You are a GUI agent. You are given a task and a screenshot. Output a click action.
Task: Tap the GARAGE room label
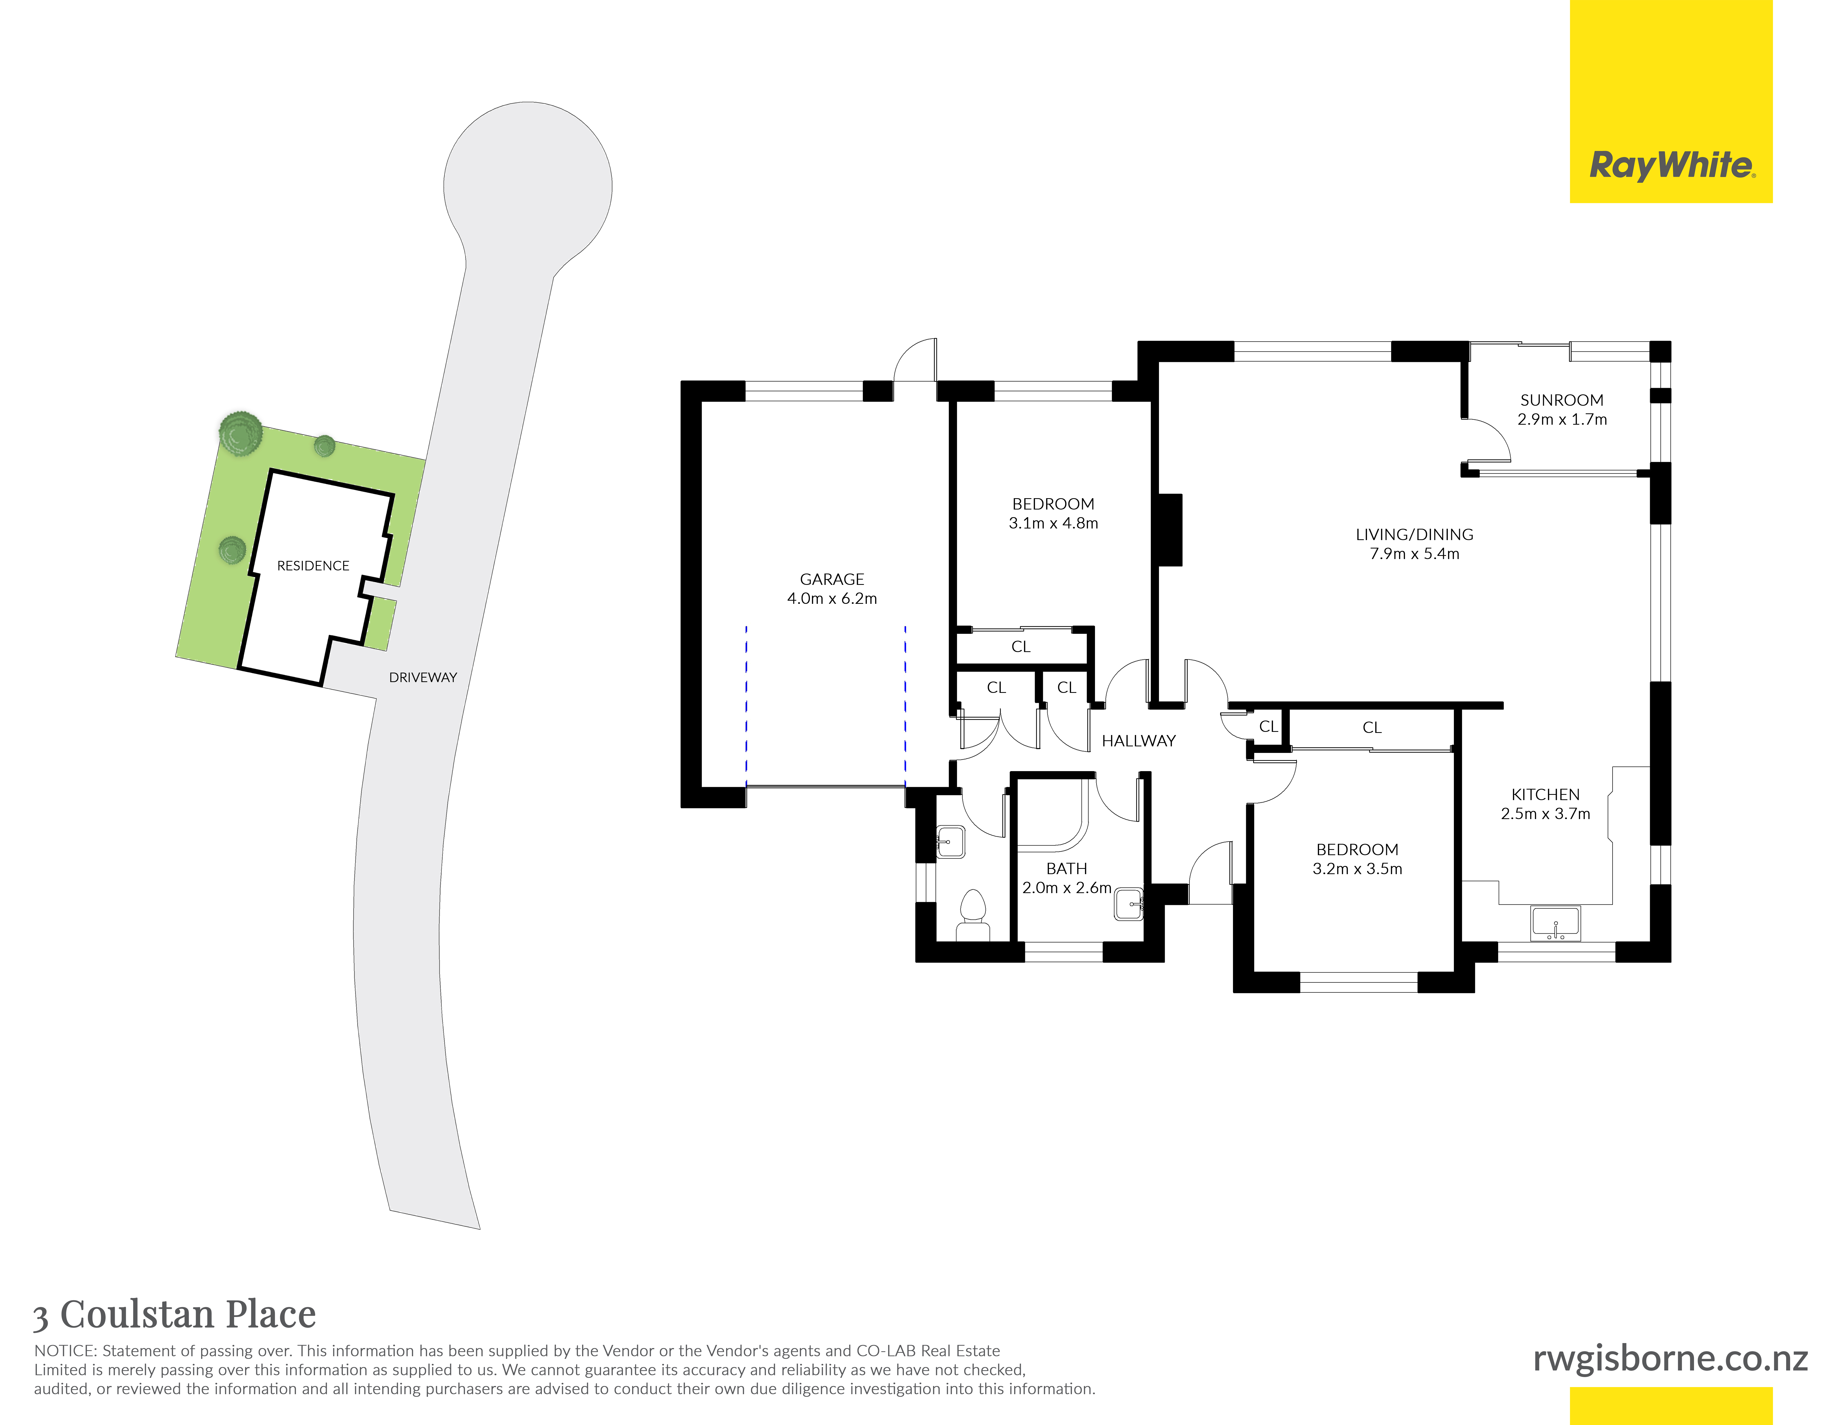pos(832,579)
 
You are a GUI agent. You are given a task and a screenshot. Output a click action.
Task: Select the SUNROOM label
pos(1562,400)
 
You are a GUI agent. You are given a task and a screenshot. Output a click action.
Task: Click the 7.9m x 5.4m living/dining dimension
pos(1414,554)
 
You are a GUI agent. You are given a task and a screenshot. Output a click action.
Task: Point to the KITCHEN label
pos(1545,794)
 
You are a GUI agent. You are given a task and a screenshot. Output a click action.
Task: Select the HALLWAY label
pos(1138,741)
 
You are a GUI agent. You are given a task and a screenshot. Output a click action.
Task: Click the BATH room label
pos(1067,869)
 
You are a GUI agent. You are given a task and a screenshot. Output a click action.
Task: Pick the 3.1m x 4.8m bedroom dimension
pos(1053,523)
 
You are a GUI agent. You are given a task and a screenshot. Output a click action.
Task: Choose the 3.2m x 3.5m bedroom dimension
pos(1357,869)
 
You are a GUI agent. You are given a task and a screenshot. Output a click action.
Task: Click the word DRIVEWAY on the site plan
pos(423,677)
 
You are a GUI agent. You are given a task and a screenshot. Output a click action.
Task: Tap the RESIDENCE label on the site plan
pos(313,566)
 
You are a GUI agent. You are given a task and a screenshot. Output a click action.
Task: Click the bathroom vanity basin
pos(1129,904)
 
